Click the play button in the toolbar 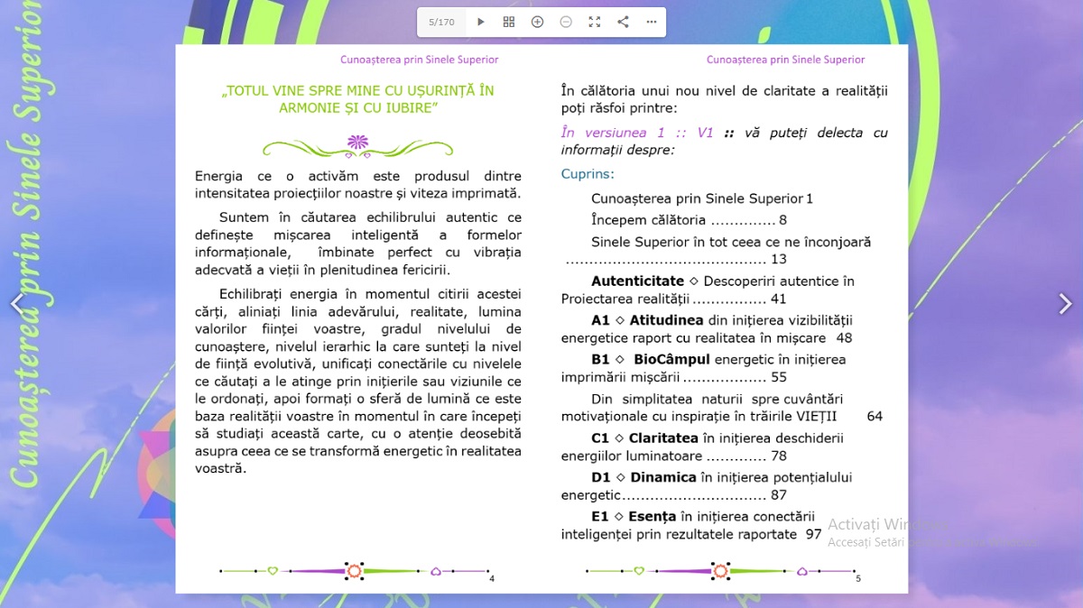point(481,22)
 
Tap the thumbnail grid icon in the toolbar point(509,22)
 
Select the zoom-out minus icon point(566,22)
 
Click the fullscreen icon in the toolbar point(594,22)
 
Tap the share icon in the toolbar point(623,22)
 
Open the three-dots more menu point(652,22)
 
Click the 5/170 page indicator point(441,22)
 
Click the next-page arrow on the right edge point(1065,304)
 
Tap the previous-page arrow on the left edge point(17,304)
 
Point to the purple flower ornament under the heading point(357,142)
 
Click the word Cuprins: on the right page point(588,174)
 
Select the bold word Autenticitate point(637,281)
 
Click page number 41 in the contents point(778,299)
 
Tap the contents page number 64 point(875,417)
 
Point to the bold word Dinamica point(663,477)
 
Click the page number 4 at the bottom point(492,578)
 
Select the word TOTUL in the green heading point(249,91)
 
